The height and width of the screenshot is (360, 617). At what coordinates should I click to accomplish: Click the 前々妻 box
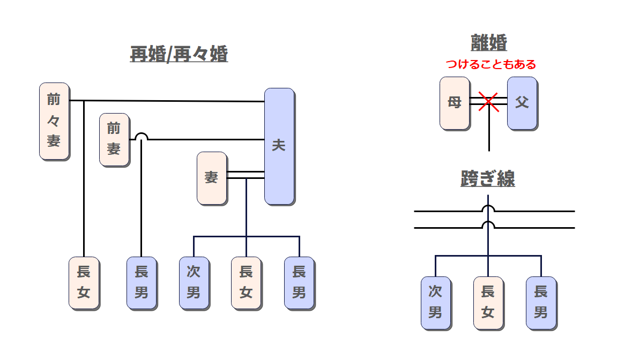point(54,121)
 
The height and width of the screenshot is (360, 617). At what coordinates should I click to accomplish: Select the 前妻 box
point(114,139)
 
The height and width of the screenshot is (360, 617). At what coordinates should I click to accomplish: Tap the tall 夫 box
point(279,146)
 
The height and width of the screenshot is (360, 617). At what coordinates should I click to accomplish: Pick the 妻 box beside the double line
point(212,178)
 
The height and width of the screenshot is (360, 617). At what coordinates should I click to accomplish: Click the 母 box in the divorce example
point(455,103)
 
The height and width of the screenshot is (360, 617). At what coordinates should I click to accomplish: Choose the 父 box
point(522,103)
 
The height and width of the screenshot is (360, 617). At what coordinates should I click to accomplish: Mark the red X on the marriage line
point(488,101)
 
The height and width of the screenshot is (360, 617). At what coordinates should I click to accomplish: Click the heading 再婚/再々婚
point(179,54)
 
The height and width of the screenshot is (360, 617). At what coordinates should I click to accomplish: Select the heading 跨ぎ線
point(488,179)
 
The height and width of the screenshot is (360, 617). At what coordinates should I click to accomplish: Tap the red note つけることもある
point(491,65)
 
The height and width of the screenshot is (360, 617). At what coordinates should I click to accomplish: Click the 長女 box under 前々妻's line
point(84,283)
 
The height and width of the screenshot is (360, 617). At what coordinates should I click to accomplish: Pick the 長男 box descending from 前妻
point(142,283)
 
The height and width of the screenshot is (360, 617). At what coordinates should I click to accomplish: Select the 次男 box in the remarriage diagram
point(194,283)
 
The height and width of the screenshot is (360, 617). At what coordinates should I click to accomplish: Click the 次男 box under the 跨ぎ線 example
point(435,303)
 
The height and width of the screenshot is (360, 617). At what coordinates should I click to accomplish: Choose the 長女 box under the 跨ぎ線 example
point(488,303)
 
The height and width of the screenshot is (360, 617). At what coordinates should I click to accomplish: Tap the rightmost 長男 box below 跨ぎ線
point(540,303)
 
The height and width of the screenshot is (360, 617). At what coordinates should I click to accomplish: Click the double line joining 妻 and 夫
point(246,175)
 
